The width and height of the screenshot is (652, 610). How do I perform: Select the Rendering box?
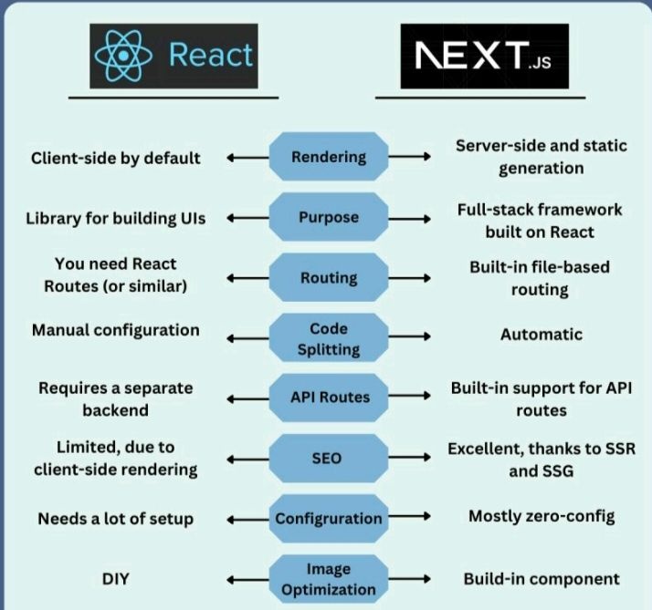pyautogui.click(x=329, y=157)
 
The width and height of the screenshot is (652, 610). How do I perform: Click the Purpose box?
pyautogui.click(x=329, y=218)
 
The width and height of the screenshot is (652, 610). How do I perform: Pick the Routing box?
pyautogui.click(x=329, y=278)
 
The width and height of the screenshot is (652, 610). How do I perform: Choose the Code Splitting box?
pyautogui.click(x=329, y=338)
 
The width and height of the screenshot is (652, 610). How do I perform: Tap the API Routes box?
pyautogui.click(x=329, y=397)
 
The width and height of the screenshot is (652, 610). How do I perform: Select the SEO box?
pyautogui.click(x=329, y=457)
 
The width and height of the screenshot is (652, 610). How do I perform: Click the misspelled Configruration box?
pyautogui.click(x=329, y=518)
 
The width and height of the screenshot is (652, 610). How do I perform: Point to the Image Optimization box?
pyautogui.click(x=329, y=578)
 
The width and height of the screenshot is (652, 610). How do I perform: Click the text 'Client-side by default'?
pyautogui.click(x=115, y=157)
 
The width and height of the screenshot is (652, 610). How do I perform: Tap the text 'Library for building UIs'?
pyautogui.click(x=115, y=218)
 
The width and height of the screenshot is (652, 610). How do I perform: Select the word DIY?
pyautogui.click(x=115, y=578)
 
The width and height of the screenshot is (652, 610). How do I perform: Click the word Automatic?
pyautogui.click(x=541, y=335)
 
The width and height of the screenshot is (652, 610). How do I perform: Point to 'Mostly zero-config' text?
pyautogui.click(x=541, y=516)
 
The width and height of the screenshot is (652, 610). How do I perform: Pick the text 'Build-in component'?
pyautogui.click(x=541, y=578)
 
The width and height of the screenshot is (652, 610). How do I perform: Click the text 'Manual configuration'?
pyautogui.click(x=115, y=329)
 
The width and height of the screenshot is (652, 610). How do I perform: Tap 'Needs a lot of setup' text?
pyautogui.click(x=115, y=518)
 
